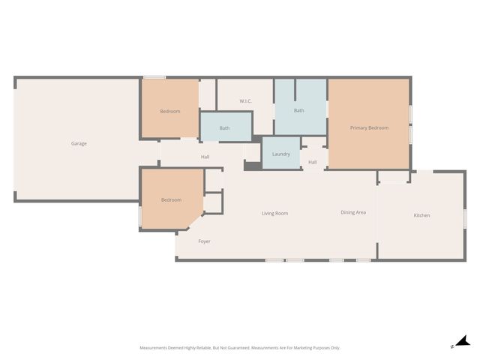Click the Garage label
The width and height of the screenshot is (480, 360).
click(x=79, y=143)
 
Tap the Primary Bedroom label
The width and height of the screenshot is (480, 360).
click(x=369, y=127)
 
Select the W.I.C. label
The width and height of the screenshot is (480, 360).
click(x=245, y=101)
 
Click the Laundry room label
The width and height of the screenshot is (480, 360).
click(x=281, y=154)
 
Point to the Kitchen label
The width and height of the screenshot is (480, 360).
click(x=421, y=215)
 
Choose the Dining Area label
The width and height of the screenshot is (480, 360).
click(x=353, y=212)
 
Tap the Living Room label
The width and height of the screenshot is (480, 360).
click(x=274, y=213)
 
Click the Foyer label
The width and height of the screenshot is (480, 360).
click(x=204, y=241)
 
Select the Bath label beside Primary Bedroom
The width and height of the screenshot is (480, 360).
click(x=298, y=110)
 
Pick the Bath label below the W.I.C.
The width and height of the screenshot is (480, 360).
click(x=224, y=128)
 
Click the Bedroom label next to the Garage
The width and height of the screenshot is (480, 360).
click(x=170, y=111)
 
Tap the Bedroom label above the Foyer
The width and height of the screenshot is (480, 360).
click(x=171, y=200)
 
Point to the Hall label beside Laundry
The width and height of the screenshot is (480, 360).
click(x=312, y=162)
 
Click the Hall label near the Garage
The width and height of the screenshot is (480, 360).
click(x=205, y=157)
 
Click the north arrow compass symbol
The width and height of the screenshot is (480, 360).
click(x=463, y=341)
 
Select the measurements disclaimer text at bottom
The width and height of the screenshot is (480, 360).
click(x=240, y=348)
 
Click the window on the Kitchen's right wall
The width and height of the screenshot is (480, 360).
click(x=465, y=218)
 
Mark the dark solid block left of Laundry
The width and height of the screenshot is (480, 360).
click(x=253, y=166)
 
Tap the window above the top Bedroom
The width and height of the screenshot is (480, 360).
click(x=154, y=77)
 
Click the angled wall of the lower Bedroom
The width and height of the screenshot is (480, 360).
click(x=195, y=220)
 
